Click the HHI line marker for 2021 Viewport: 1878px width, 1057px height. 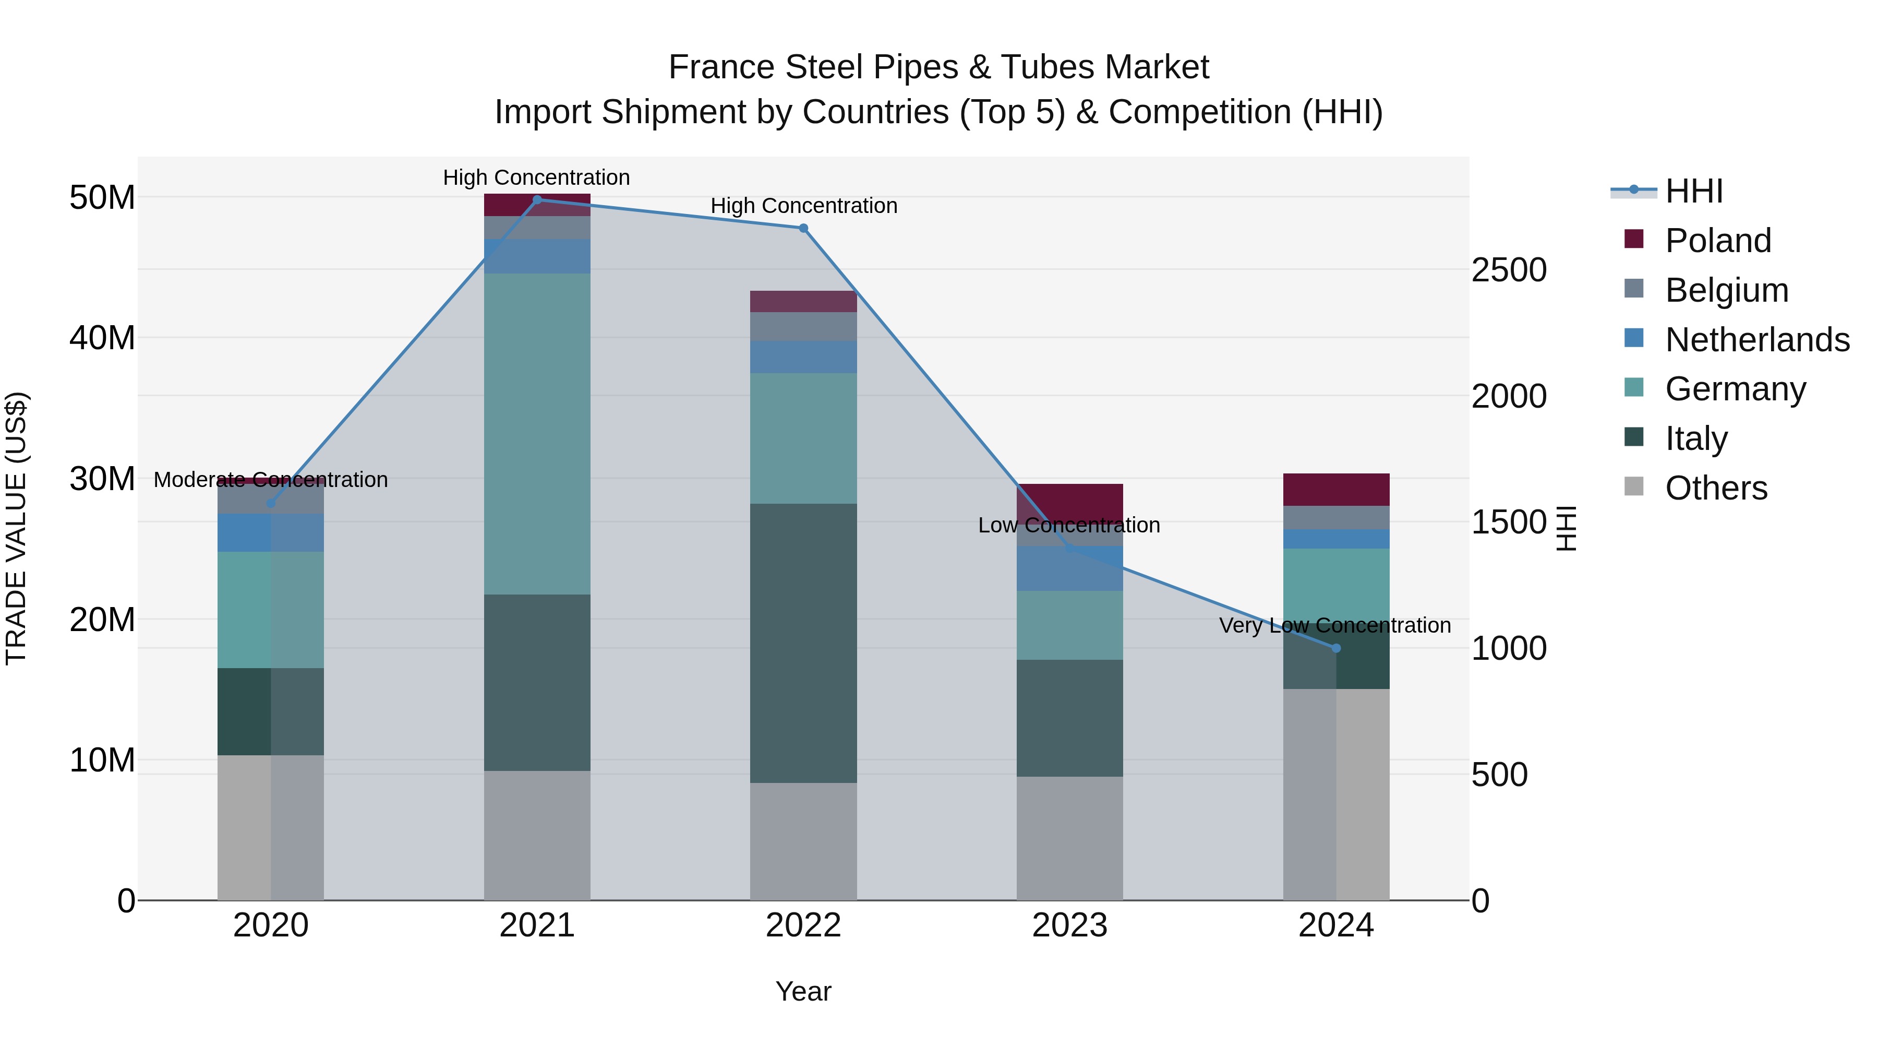[537, 200]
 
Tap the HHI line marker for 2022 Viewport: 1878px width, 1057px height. [803, 228]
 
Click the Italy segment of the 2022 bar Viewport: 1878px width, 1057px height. [803, 643]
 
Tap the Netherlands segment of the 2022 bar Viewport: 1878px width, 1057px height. [803, 357]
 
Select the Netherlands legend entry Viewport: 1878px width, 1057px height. [1757, 340]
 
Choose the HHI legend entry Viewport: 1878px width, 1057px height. [1693, 191]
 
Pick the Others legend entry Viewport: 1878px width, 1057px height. [1715, 488]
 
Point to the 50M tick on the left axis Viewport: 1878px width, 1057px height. [102, 198]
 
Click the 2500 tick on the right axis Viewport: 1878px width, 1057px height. [1508, 270]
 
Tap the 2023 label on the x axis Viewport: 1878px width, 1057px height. [1069, 925]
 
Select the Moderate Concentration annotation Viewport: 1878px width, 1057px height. [270, 480]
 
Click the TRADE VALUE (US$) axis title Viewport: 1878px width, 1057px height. [17, 528]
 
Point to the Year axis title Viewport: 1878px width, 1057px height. [803, 991]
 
